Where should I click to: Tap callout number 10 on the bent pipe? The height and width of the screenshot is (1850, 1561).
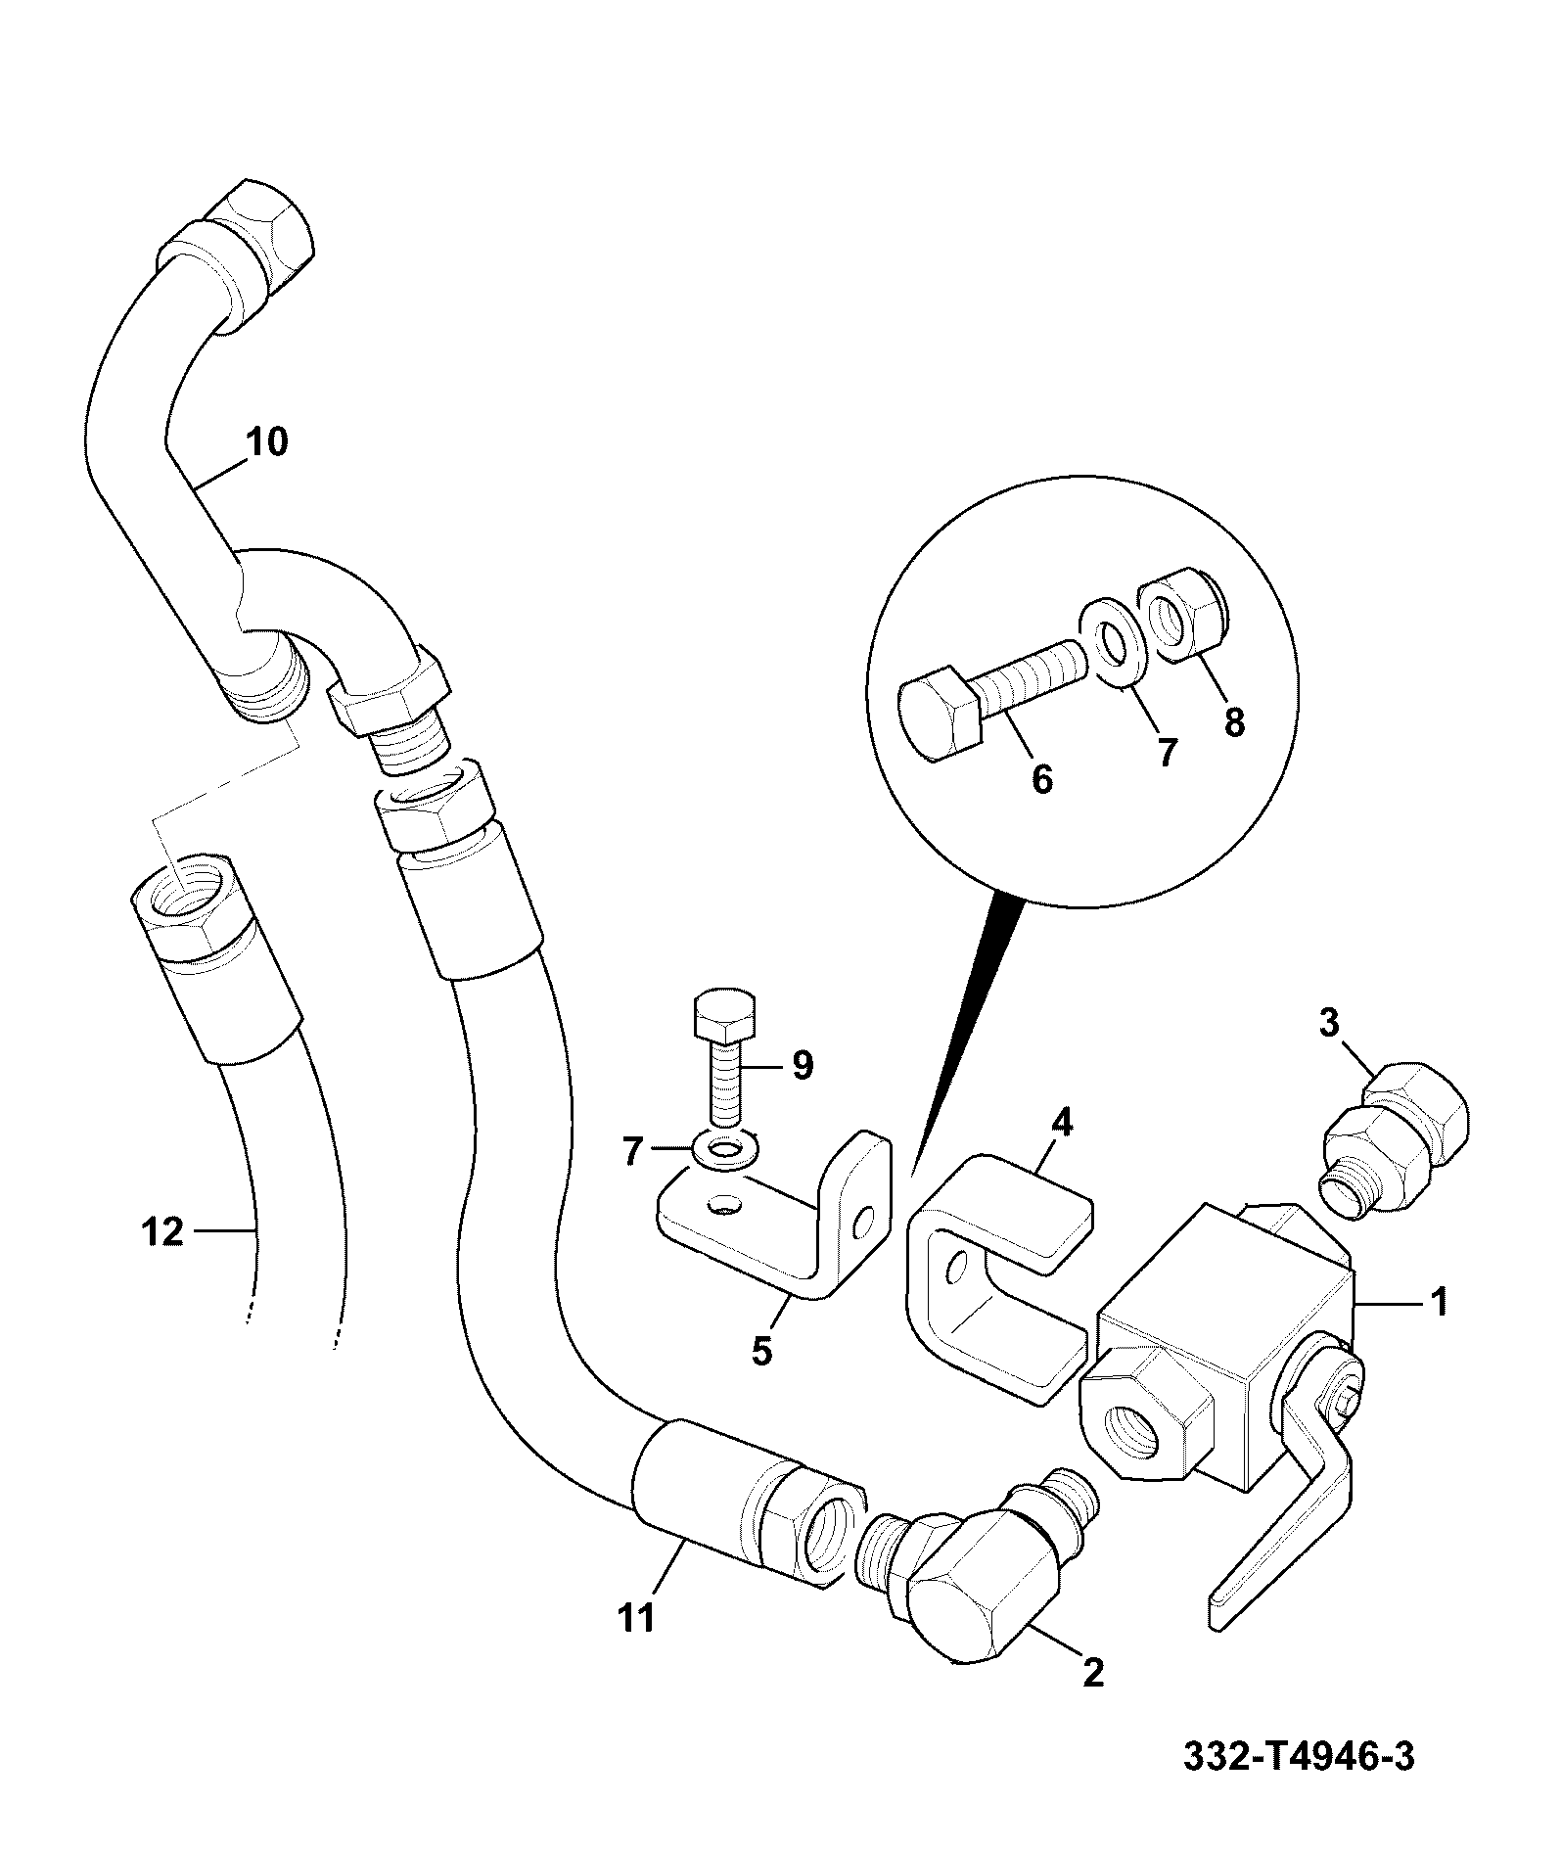click(267, 442)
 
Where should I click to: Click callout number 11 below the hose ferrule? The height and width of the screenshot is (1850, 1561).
click(637, 1618)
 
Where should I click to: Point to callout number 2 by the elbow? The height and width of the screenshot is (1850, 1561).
click(1093, 1671)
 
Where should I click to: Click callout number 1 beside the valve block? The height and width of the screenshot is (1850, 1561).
click(1439, 1302)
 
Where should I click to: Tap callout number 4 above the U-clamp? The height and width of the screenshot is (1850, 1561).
click(1062, 1123)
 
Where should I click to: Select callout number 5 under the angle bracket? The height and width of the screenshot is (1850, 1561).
click(761, 1351)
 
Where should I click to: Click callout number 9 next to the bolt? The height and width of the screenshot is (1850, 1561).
click(803, 1065)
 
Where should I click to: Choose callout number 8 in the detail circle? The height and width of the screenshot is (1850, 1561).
click(1235, 722)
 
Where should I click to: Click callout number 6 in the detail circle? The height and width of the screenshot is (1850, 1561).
click(1042, 780)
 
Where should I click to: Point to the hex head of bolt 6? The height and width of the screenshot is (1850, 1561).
click(940, 714)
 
